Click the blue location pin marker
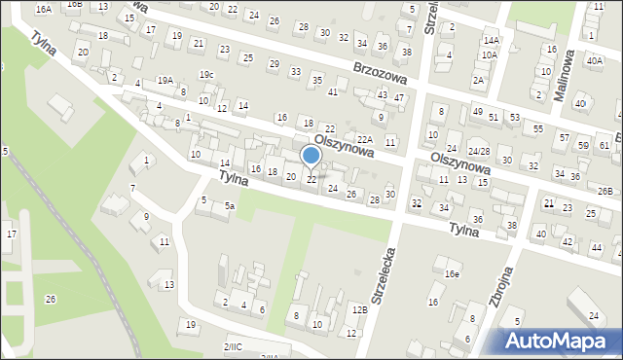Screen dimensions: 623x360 point(311,156)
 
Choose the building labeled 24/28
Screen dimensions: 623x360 point(478,152)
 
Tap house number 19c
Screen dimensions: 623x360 point(205,74)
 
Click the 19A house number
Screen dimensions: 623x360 point(165,81)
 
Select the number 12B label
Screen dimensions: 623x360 point(360,309)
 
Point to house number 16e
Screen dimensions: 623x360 point(452,274)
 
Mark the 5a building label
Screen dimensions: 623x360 point(230,206)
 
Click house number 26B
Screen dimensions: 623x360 point(605,191)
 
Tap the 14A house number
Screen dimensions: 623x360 point(492,41)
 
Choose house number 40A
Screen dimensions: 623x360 point(595,60)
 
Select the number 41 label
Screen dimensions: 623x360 point(333,91)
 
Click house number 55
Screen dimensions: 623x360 point(538,128)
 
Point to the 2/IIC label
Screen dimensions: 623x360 point(234,346)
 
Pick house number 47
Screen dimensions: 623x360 point(399,98)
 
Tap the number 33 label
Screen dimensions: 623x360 point(296,71)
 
